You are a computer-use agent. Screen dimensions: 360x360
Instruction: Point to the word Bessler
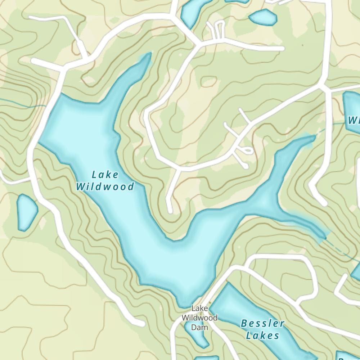click(x=262, y=323)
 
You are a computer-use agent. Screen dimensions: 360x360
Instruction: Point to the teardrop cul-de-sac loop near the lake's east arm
click(x=247, y=150)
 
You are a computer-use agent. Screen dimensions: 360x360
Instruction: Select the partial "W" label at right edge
click(x=354, y=120)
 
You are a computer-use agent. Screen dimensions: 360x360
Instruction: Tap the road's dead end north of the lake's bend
click(x=170, y=209)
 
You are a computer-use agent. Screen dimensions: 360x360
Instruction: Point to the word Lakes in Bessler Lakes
click(x=262, y=336)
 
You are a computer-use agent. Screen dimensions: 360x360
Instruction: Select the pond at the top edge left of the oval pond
click(x=191, y=13)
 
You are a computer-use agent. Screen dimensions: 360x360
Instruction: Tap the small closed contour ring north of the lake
click(x=208, y=81)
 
